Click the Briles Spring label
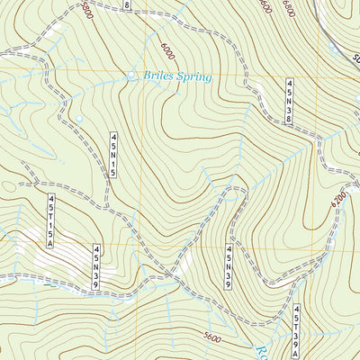tap(177, 77)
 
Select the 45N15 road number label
tap(114, 155)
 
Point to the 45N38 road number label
tap(289, 102)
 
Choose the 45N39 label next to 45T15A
tap(95, 268)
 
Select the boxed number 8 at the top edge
tap(127, 5)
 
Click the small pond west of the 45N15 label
tap(79, 118)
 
